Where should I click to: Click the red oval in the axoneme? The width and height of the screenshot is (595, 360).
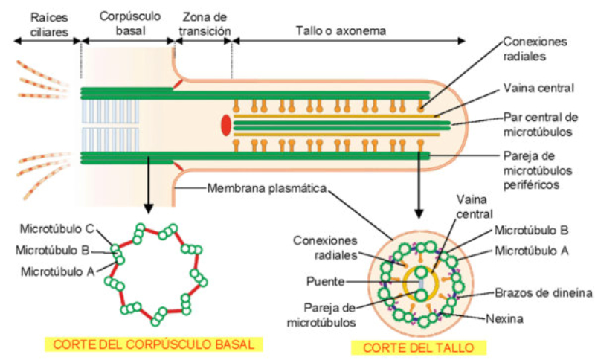[x=225, y=125]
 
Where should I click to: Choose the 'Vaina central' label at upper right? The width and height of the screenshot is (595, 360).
[x=538, y=88]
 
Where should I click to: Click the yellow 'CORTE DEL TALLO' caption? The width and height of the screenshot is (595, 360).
[x=423, y=347]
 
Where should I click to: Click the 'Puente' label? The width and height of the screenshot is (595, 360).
[x=324, y=282]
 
